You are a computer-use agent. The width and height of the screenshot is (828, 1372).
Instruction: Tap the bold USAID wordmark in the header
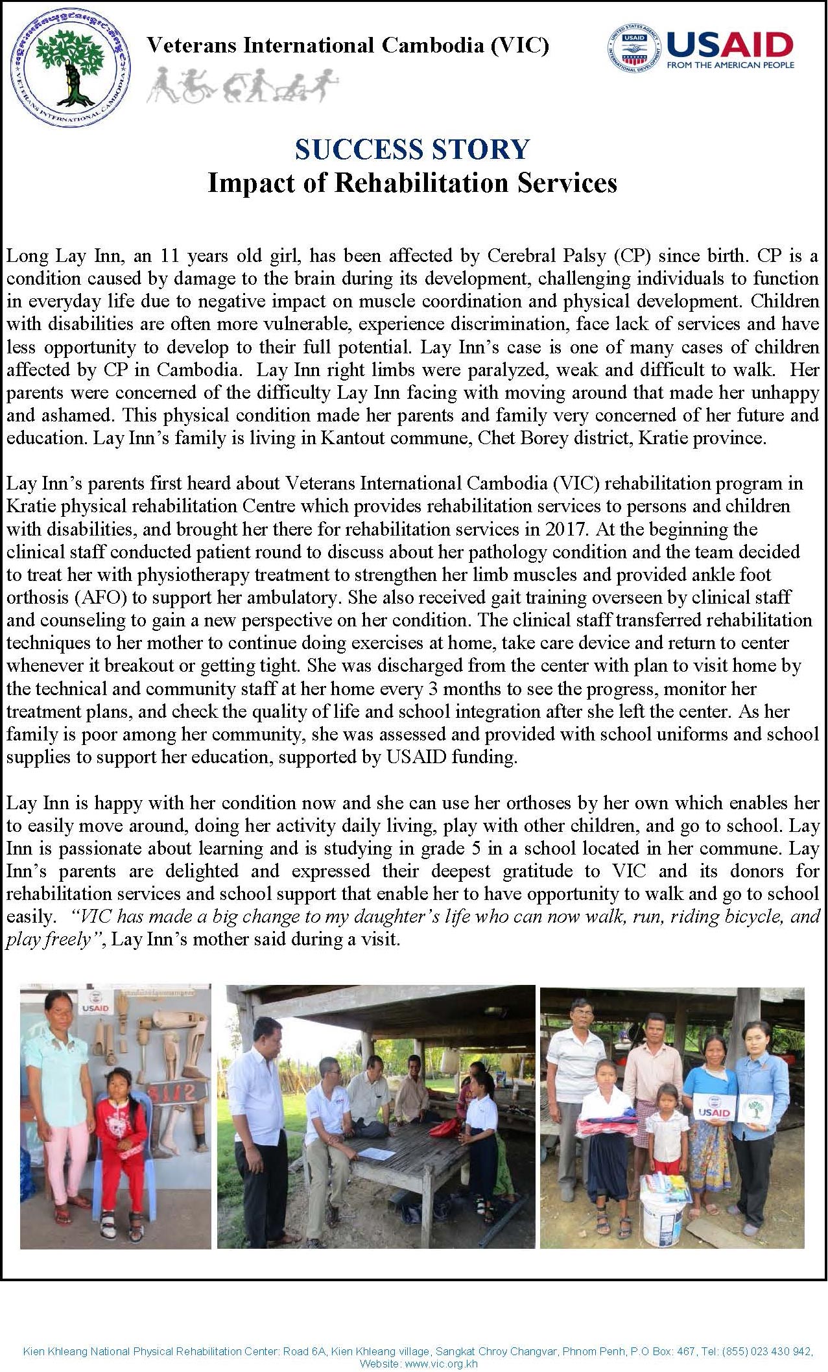[729, 45]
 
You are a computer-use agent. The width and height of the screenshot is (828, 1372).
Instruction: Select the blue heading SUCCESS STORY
[412, 150]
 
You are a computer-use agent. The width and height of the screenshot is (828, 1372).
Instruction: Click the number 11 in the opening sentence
[169, 256]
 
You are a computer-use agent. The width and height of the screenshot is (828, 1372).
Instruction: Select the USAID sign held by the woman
[714, 1107]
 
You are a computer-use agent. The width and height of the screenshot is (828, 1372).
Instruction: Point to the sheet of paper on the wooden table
[376, 1153]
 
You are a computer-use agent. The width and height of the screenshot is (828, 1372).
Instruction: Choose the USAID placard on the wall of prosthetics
[95, 1003]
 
